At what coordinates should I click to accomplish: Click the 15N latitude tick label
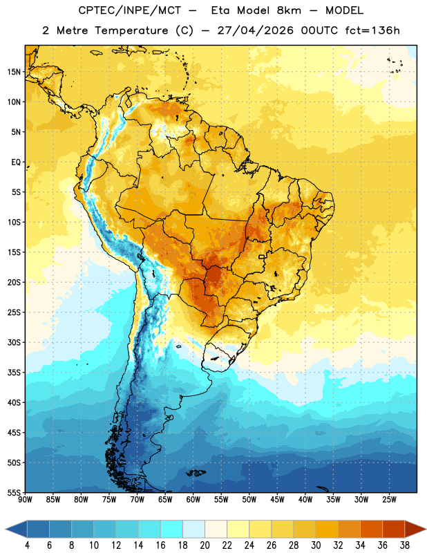click(14, 72)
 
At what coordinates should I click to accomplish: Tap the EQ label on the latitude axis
click(16, 162)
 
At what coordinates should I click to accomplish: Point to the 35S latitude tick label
click(14, 373)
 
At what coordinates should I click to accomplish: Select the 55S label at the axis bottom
click(14, 492)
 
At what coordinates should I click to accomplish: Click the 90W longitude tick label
click(25, 499)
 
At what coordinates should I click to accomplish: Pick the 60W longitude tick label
click(193, 499)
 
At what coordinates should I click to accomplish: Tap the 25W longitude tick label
click(389, 499)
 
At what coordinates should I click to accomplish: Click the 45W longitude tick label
click(277, 499)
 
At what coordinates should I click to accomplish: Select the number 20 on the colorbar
click(205, 545)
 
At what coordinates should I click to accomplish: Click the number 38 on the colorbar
click(405, 545)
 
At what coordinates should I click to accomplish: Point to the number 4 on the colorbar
click(27, 545)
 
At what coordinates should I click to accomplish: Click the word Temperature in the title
click(131, 30)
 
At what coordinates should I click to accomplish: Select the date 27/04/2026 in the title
click(255, 30)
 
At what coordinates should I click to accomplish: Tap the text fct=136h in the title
click(372, 30)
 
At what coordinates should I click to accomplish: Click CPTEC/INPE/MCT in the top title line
click(130, 10)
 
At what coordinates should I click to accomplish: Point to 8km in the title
click(289, 10)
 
